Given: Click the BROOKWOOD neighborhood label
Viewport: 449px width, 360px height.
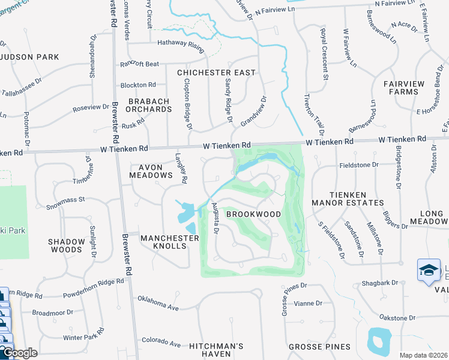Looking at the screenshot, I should (x=253, y=214).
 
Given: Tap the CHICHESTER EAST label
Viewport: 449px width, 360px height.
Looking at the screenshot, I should (x=216, y=73).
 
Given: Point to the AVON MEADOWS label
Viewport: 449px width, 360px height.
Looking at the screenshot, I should (x=151, y=171).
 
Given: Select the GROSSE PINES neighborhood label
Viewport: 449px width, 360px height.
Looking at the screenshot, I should (x=319, y=347).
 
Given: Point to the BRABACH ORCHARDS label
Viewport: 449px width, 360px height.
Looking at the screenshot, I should (x=149, y=106).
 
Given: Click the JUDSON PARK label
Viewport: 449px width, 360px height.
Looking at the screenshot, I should (x=30, y=57).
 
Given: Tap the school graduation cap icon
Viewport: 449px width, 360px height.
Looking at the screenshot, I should (x=429, y=270).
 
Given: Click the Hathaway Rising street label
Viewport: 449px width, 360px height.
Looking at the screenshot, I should (x=181, y=43).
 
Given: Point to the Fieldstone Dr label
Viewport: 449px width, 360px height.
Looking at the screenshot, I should (x=359, y=164).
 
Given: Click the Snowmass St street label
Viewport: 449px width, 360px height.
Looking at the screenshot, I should (x=67, y=203).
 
